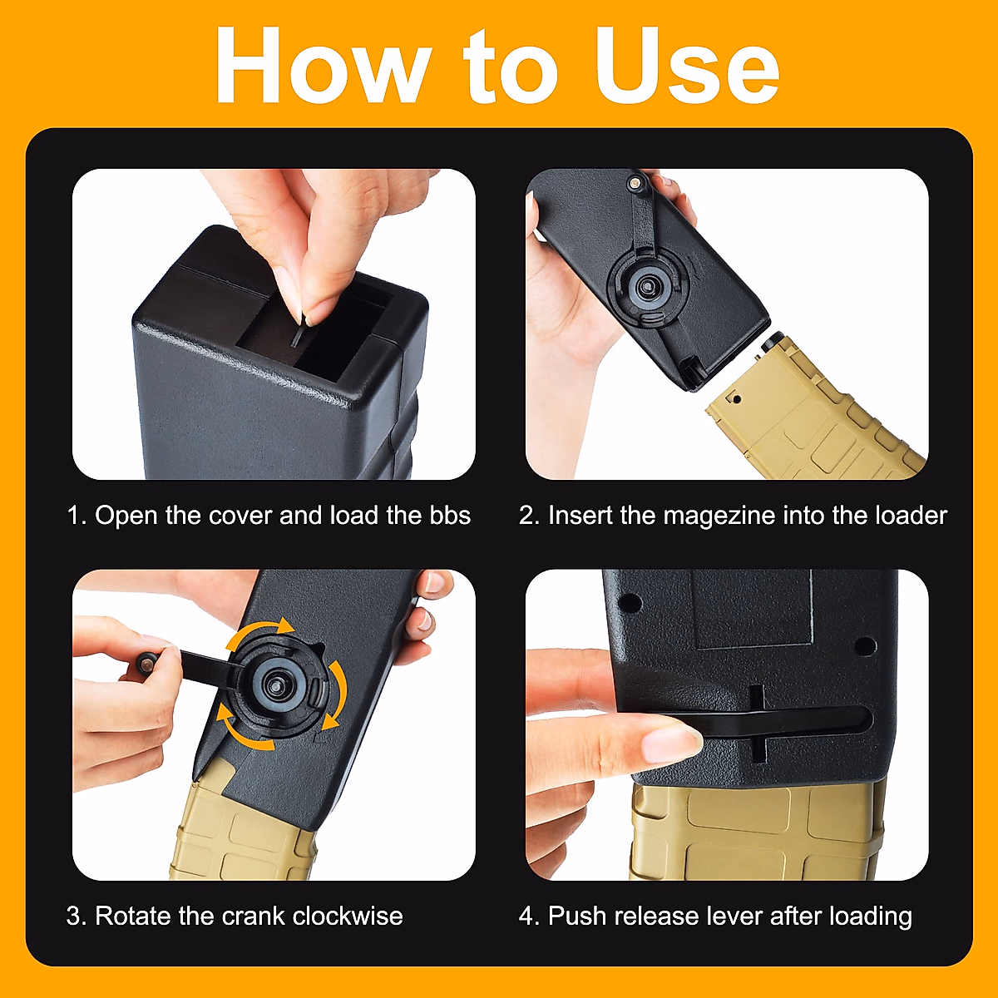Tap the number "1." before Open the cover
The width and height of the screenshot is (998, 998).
pyautogui.click(x=77, y=516)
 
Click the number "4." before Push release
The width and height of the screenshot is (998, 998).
pyautogui.click(x=529, y=916)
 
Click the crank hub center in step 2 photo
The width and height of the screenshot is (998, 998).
pyautogui.click(x=647, y=288)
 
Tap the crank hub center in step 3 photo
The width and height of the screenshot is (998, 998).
pyautogui.click(x=274, y=684)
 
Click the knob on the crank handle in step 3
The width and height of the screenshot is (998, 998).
pyautogui.click(x=146, y=661)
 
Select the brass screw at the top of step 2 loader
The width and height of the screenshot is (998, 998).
pyautogui.click(x=635, y=180)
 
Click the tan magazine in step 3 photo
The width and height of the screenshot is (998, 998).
pyautogui.click(x=241, y=832)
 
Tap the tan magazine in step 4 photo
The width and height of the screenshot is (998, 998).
pyautogui.click(x=748, y=832)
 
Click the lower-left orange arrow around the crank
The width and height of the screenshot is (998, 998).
pyautogui.click(x=241, y=732)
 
